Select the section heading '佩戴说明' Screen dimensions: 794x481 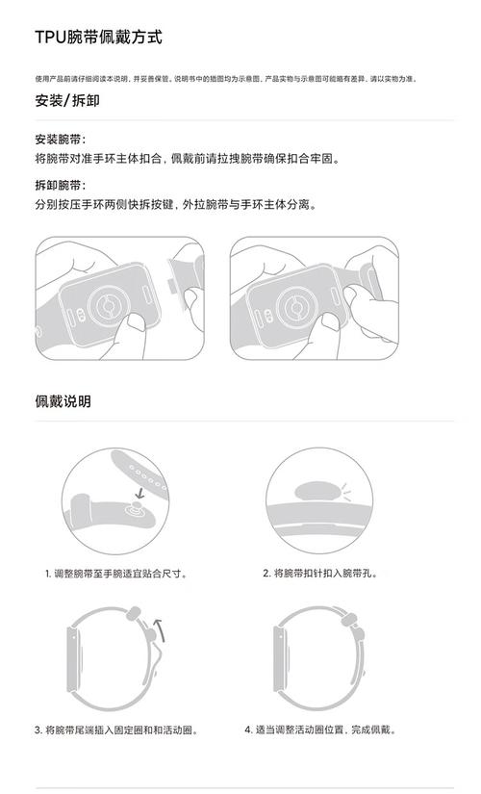[63, 400]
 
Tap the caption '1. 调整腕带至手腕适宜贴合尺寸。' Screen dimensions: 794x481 [115, 574]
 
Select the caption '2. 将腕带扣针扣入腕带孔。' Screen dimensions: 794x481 [320, 574]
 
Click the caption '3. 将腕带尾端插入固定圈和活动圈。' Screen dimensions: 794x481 [116, 730]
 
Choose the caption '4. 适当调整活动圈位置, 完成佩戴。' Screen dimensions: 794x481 [320, 730]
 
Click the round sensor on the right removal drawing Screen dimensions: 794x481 [291, 308]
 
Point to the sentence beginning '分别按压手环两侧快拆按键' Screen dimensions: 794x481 [175, 204]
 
